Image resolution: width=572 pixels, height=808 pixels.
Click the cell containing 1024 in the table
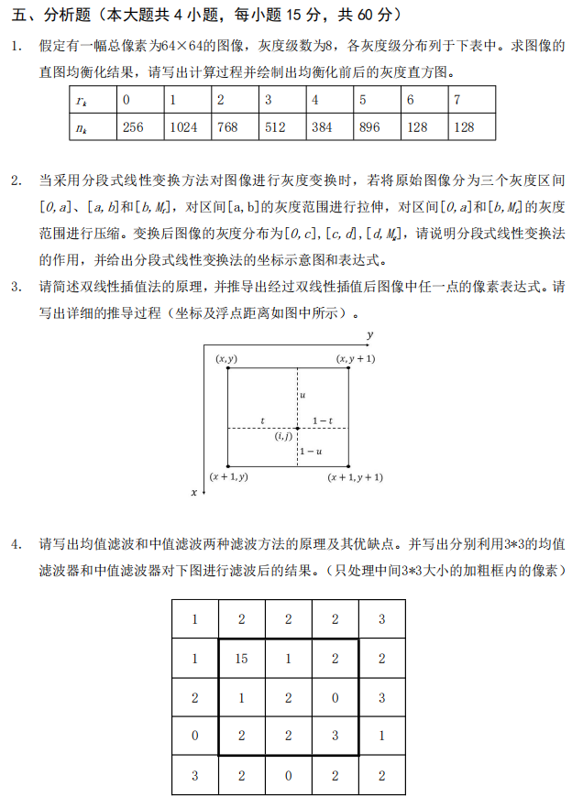point(184,127)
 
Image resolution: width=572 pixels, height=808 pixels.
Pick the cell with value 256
point(133,127)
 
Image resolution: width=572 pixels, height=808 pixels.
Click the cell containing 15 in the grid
point(242,658)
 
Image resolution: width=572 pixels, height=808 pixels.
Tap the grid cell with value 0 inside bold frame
point(335,696)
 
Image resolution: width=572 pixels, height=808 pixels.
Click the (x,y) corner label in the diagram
point(225,358)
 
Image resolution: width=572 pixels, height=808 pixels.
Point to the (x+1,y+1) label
point(356,477)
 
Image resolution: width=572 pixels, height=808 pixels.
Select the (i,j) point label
point(283,437)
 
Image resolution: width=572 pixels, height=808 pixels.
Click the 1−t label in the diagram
point(323,420)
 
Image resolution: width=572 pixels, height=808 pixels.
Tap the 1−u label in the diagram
point(312,451)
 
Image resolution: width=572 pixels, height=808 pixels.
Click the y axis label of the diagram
point(368,335)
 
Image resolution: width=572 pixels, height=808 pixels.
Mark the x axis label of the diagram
point(193,492)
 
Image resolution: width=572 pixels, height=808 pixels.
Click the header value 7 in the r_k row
point(457,100)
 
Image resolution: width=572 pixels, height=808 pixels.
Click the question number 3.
point(16,287)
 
